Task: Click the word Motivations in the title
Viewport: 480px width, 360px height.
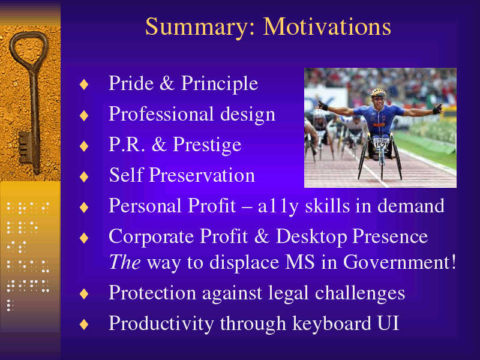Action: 327,26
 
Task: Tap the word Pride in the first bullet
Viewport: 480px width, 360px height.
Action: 131,83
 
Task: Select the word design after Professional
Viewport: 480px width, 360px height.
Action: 248,114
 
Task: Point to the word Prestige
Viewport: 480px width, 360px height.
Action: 207,145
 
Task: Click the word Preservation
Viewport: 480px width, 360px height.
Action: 202,175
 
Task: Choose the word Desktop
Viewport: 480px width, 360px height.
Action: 311,236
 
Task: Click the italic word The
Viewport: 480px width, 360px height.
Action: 125,262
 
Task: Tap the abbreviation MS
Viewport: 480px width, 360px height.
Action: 299,262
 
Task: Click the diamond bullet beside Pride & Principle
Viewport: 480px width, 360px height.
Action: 84,85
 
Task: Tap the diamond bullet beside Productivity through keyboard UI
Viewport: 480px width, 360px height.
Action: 84,325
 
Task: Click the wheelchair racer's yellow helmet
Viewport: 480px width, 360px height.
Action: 379,92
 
